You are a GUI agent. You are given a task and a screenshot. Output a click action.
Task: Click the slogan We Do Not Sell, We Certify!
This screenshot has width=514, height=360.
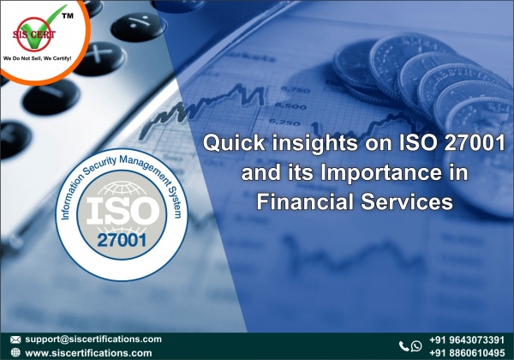[37, 58]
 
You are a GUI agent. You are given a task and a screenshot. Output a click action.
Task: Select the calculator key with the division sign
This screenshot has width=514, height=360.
[138, 26]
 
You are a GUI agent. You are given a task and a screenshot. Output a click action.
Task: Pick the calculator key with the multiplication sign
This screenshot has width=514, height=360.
[99, 57]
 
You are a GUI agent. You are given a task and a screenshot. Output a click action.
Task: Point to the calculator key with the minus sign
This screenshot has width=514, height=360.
[51, 96]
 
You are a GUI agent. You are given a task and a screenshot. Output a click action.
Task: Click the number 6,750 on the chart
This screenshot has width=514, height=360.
[295, 89]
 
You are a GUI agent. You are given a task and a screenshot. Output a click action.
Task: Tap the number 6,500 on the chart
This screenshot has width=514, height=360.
[290, 105]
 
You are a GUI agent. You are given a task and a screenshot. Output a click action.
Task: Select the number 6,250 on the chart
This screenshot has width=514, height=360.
[284, 123]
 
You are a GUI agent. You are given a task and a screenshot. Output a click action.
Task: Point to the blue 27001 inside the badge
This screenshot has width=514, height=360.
[122, 240]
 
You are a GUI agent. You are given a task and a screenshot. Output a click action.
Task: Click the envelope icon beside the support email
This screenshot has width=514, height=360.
[15, 339]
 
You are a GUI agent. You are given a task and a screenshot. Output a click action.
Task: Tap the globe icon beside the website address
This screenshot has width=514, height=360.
[15, 352]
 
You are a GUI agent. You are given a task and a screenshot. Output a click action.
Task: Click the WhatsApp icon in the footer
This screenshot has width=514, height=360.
[416, 345]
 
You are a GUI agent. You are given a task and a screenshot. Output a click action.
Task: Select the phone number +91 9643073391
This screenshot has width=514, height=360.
[467, 340]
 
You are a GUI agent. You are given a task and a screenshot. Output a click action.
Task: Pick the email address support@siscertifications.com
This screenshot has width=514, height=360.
[93, 339]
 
